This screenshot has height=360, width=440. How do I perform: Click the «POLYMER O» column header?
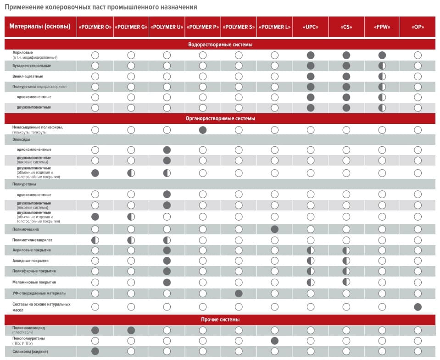(x=95, y=27)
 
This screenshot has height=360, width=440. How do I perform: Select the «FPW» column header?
(x=382, y=27)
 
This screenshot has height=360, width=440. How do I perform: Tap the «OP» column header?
(x=418, y=27)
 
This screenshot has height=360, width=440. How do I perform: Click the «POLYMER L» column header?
(x=274, y=27)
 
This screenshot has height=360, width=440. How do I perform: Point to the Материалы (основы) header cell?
(x=40, y=27)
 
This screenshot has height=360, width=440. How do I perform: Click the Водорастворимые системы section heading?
(x=220, y=44)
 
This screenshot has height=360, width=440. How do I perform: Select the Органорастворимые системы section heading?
(x=220, y=118)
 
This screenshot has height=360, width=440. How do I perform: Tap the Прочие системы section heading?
(x=220, y=319)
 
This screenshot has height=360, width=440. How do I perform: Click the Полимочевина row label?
(x=28, y=229)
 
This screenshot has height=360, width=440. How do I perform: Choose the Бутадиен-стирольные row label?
(x=32, y=66)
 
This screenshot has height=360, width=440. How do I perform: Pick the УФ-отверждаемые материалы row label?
(x=39, y=293)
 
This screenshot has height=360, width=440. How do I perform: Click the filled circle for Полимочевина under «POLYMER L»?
(x=274, y=229)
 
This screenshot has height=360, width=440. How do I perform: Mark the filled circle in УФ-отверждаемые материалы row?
(x=239, y=293)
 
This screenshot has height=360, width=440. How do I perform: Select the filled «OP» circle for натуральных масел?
(x=418, y=307)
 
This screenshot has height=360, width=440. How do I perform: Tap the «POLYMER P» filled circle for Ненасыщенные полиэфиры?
(x=203, y=130)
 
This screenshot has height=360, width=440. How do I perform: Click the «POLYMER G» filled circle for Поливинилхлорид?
(x=131, y=330)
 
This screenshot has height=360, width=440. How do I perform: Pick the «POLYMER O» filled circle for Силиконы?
(x=95, y=351)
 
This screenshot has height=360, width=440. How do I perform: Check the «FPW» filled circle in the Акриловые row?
(x=382, y=55)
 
